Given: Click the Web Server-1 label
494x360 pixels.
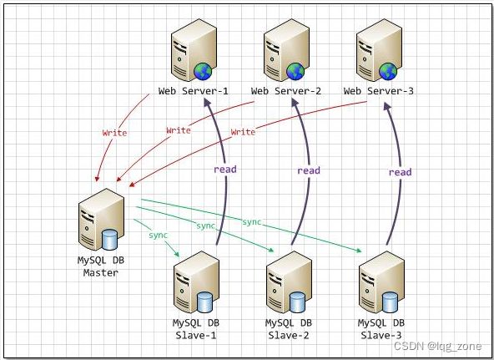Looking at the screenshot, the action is click(x=193, y=91).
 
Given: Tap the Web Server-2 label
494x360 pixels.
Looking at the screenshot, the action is click(x=285, y=91).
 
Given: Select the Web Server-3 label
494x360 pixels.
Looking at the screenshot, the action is click(x=378, y=91).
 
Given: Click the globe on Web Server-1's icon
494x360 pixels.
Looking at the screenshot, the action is click(x=203, y=71).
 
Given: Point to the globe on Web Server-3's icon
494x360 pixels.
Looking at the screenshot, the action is click(x=388, y=71).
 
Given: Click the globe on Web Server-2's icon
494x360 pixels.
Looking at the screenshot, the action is click(x=295, y=71).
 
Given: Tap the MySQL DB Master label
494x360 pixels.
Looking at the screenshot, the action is click(x=101, y=266).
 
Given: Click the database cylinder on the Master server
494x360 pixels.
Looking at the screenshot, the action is click(x=109, y=240).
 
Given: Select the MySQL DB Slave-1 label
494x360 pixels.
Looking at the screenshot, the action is click(x=196, y=329).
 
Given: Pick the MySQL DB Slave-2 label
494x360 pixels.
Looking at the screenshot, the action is click(x=289, y=329).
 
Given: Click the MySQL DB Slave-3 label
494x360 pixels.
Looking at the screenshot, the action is click(x=381, y=329).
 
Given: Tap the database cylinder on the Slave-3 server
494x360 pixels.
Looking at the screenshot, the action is click(x=390, y=302).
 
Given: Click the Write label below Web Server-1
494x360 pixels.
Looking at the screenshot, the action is click(x=114, y=133).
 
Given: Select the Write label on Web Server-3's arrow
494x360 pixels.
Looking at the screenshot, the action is click(x=243, y=131).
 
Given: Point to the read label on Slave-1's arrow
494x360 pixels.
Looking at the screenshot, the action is click(x=225, y=170).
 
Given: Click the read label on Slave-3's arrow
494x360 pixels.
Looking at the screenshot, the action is click(x=400, y=172).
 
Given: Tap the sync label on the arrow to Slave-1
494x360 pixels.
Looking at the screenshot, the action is click(x=159, y=235).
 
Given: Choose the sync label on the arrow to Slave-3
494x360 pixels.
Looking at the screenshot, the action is click(x=252, y=222).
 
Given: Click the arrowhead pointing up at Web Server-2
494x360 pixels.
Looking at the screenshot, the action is click(x=295, y=103).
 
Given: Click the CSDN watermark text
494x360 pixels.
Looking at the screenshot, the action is click(x=437, y=346).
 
